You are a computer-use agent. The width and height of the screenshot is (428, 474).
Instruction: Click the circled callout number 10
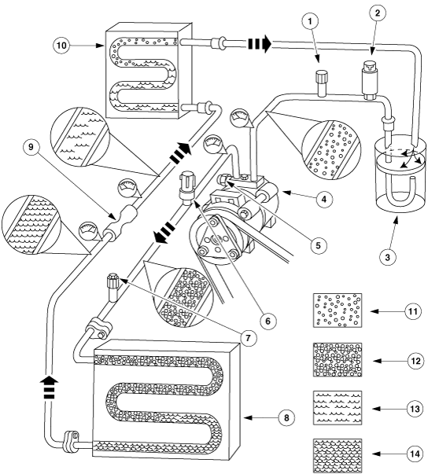tap(61, 46)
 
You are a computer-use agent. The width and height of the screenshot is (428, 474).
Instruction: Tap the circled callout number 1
tap(310, 21)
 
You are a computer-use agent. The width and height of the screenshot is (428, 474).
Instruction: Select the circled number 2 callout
tap(377, 13)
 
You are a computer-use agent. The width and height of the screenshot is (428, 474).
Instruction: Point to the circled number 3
tap(387, 257)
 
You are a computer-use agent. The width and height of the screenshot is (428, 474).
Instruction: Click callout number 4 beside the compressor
tap(324, 199)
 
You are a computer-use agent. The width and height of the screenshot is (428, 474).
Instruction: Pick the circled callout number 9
tap(31, 148)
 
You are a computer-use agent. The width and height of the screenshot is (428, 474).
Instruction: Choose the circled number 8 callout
tap(286, 417)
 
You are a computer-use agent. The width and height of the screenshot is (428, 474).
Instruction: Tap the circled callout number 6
tap(267, 321)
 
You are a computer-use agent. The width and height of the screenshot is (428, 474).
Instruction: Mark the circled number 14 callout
tap(415, 454)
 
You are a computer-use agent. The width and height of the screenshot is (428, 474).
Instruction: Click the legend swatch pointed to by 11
tap(338, 310)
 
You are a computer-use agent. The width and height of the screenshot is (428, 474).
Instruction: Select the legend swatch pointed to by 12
tap(338, 359)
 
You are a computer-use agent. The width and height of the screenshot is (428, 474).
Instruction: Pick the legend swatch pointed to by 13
tap(338, 407)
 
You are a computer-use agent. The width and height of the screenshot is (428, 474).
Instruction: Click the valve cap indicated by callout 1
tap(322, 83)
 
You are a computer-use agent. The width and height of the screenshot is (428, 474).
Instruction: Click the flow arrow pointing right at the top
tap(260, 44)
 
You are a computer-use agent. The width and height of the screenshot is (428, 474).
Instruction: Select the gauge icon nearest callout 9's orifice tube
tap(89, 231)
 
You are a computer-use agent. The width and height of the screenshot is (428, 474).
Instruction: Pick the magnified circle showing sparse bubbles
tap(332, 150)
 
